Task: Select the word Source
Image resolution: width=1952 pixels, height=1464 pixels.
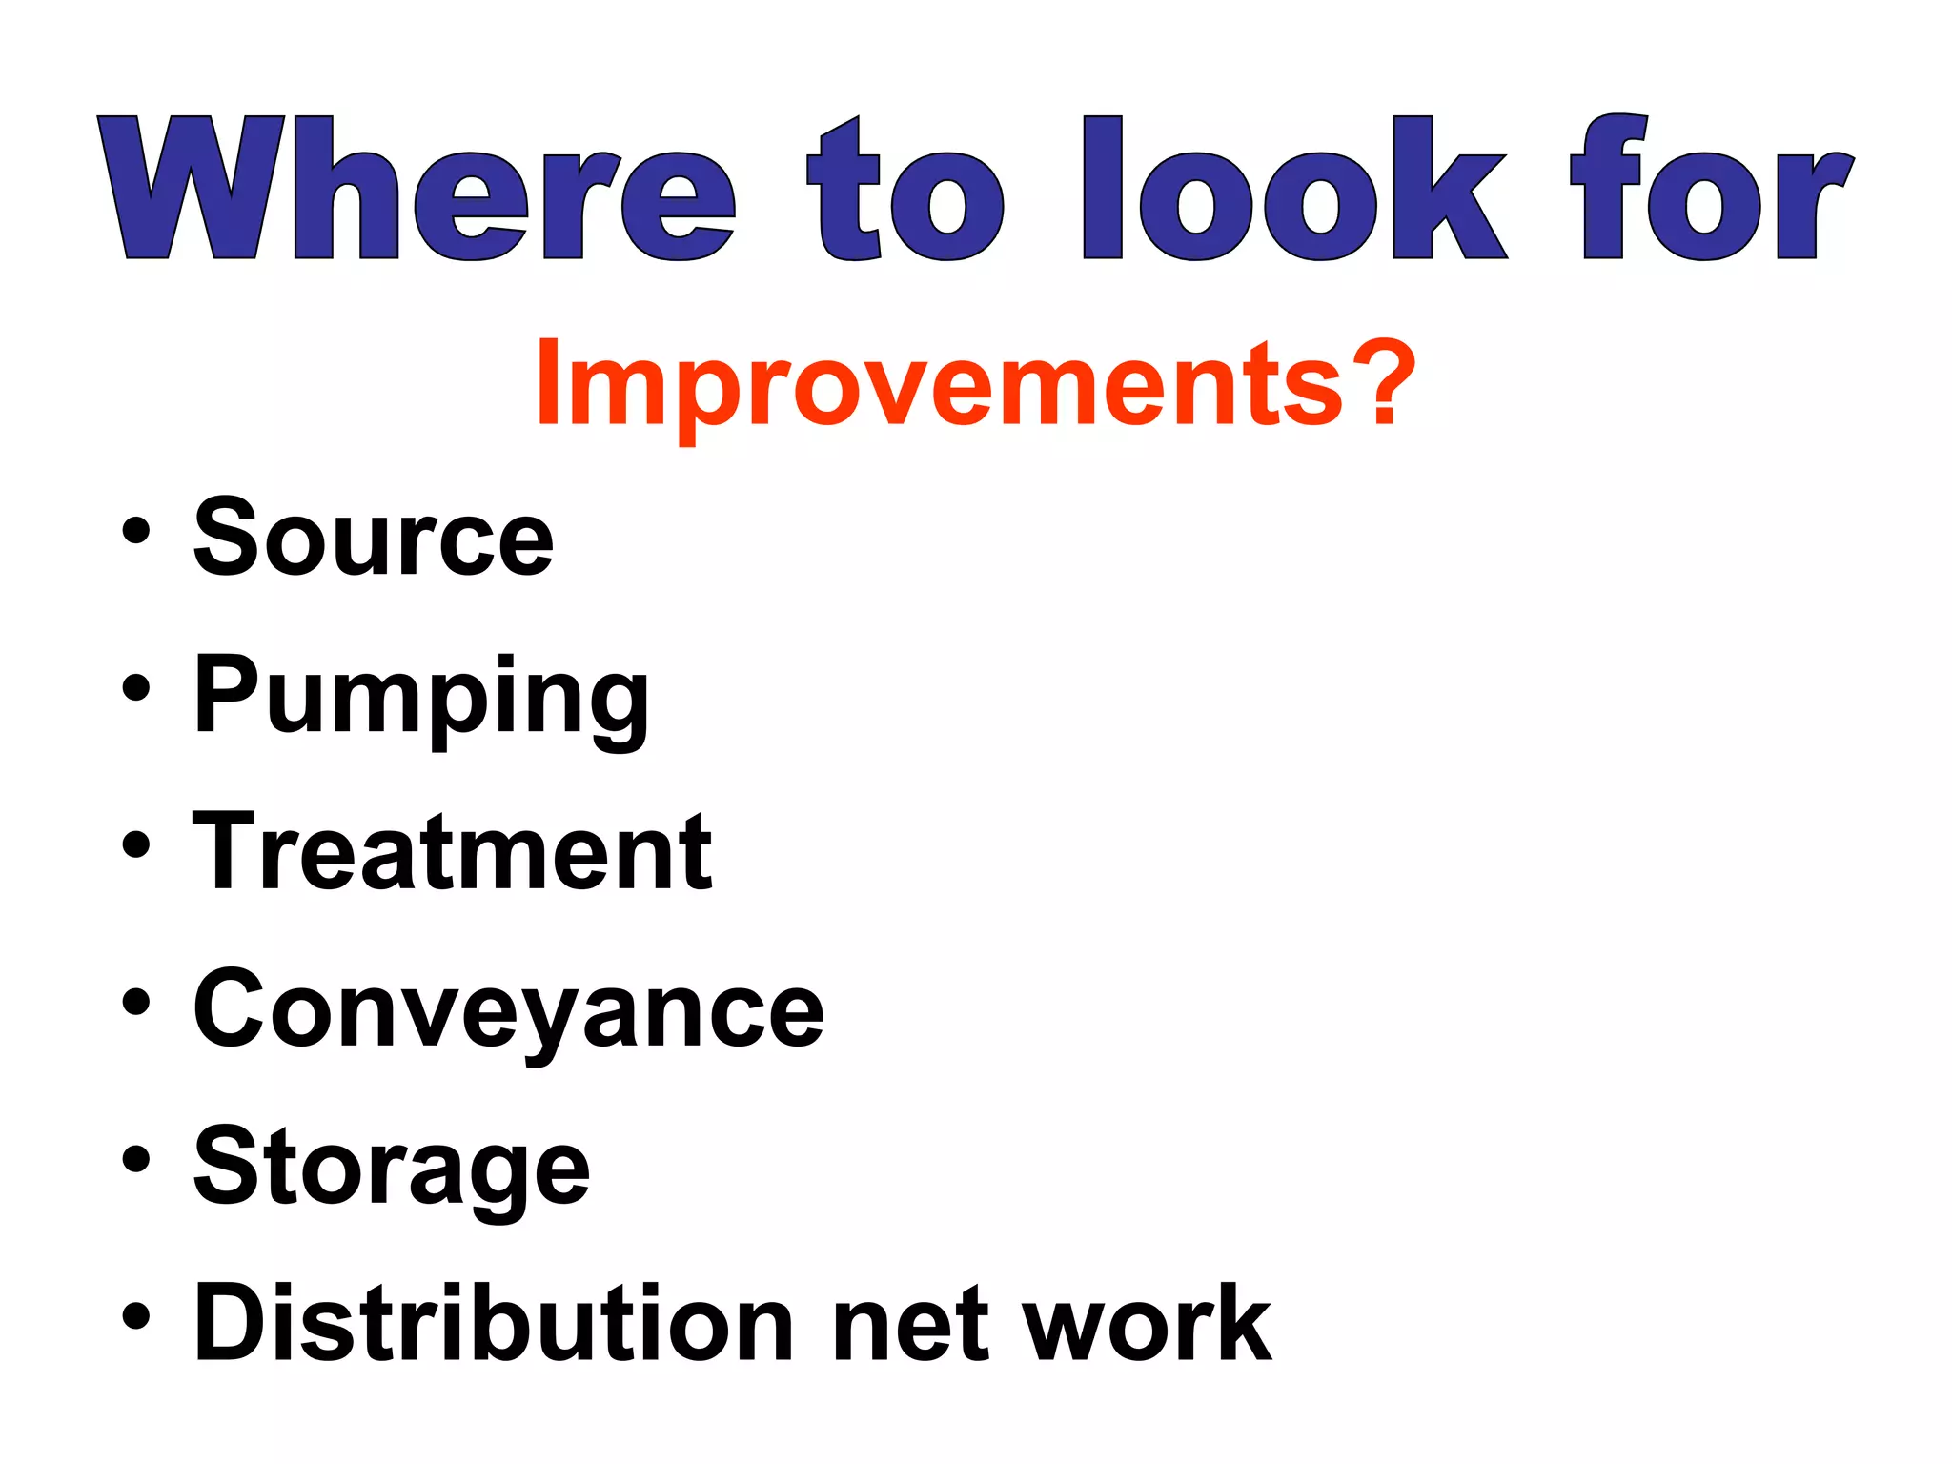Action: coord(374,539)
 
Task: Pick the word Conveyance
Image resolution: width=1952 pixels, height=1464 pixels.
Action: coord(508,1010)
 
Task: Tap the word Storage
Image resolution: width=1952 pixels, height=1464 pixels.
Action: coord(392,1169)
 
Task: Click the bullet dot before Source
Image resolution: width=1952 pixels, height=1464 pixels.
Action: coord(136,530)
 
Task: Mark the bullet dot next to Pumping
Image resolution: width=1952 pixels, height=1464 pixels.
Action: coord(136,687)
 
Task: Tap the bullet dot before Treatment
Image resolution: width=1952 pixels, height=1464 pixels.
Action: coord(136,844)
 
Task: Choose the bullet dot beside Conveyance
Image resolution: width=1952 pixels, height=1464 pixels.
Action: coord(136,1002)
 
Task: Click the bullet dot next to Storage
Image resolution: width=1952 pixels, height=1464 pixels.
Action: coord(136,1159)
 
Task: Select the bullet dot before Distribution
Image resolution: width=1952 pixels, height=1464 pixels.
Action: coord(136,1316)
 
